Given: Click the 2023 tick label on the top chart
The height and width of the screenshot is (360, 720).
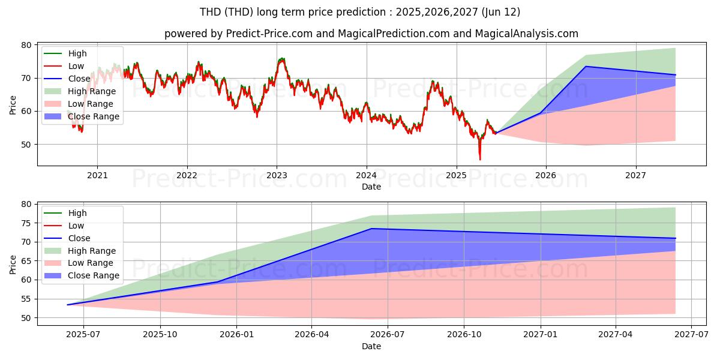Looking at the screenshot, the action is click(277, 175).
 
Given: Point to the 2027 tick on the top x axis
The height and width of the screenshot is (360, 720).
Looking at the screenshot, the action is click(635, 175).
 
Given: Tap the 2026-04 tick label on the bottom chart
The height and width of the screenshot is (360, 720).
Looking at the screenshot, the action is click(311, 335).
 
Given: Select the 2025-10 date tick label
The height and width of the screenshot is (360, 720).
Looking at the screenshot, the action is click(160, 335).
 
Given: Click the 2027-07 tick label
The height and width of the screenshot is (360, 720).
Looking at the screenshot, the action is click(691, 335).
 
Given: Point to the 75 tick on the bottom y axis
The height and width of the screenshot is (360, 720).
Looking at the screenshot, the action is click(26, 223).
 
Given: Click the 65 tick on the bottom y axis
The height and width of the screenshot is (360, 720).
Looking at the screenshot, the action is click(26, 261).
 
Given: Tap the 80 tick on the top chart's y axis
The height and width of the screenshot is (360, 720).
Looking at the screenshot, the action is click(26, 46).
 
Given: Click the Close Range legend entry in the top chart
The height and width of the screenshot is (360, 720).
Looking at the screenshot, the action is click(82, 116).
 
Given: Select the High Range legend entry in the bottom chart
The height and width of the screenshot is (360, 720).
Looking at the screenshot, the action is click(80, 251).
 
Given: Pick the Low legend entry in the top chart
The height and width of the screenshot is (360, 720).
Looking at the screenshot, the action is click(64, 66).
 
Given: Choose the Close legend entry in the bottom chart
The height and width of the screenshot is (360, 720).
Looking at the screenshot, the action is click(67, 238).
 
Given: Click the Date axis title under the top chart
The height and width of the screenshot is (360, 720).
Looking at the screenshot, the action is click(371, 187).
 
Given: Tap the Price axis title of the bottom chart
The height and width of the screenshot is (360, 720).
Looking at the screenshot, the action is click(13, 265).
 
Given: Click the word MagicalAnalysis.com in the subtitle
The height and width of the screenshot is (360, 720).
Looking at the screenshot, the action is click(527, 34).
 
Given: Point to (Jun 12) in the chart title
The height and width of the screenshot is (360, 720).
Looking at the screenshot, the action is click(501, 12).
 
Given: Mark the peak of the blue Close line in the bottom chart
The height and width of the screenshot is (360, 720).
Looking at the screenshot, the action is click(371, 229).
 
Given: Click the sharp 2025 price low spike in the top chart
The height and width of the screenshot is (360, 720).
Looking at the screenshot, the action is click(480, 160).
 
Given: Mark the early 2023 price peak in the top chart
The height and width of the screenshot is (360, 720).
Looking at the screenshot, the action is click(282, 59).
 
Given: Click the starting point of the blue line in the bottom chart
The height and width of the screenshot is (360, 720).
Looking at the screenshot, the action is click(67, 305).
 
